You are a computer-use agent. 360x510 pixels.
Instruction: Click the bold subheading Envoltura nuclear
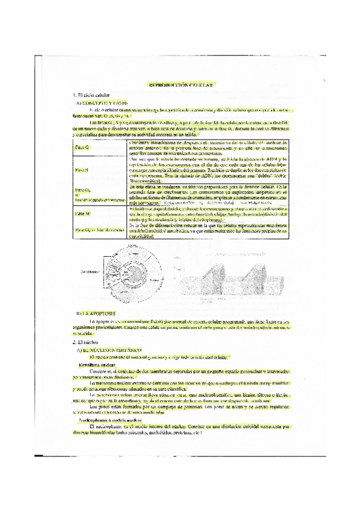[96, 364]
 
